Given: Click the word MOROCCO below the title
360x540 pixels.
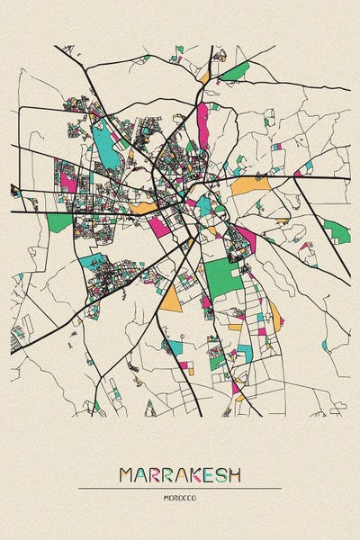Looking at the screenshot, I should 180,497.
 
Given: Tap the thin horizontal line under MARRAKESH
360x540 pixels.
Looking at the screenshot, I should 180,488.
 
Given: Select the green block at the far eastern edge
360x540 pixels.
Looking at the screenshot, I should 336,231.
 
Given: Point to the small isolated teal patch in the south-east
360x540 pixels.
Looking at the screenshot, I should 325,344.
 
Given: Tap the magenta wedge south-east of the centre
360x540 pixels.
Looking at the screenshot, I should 246,238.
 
